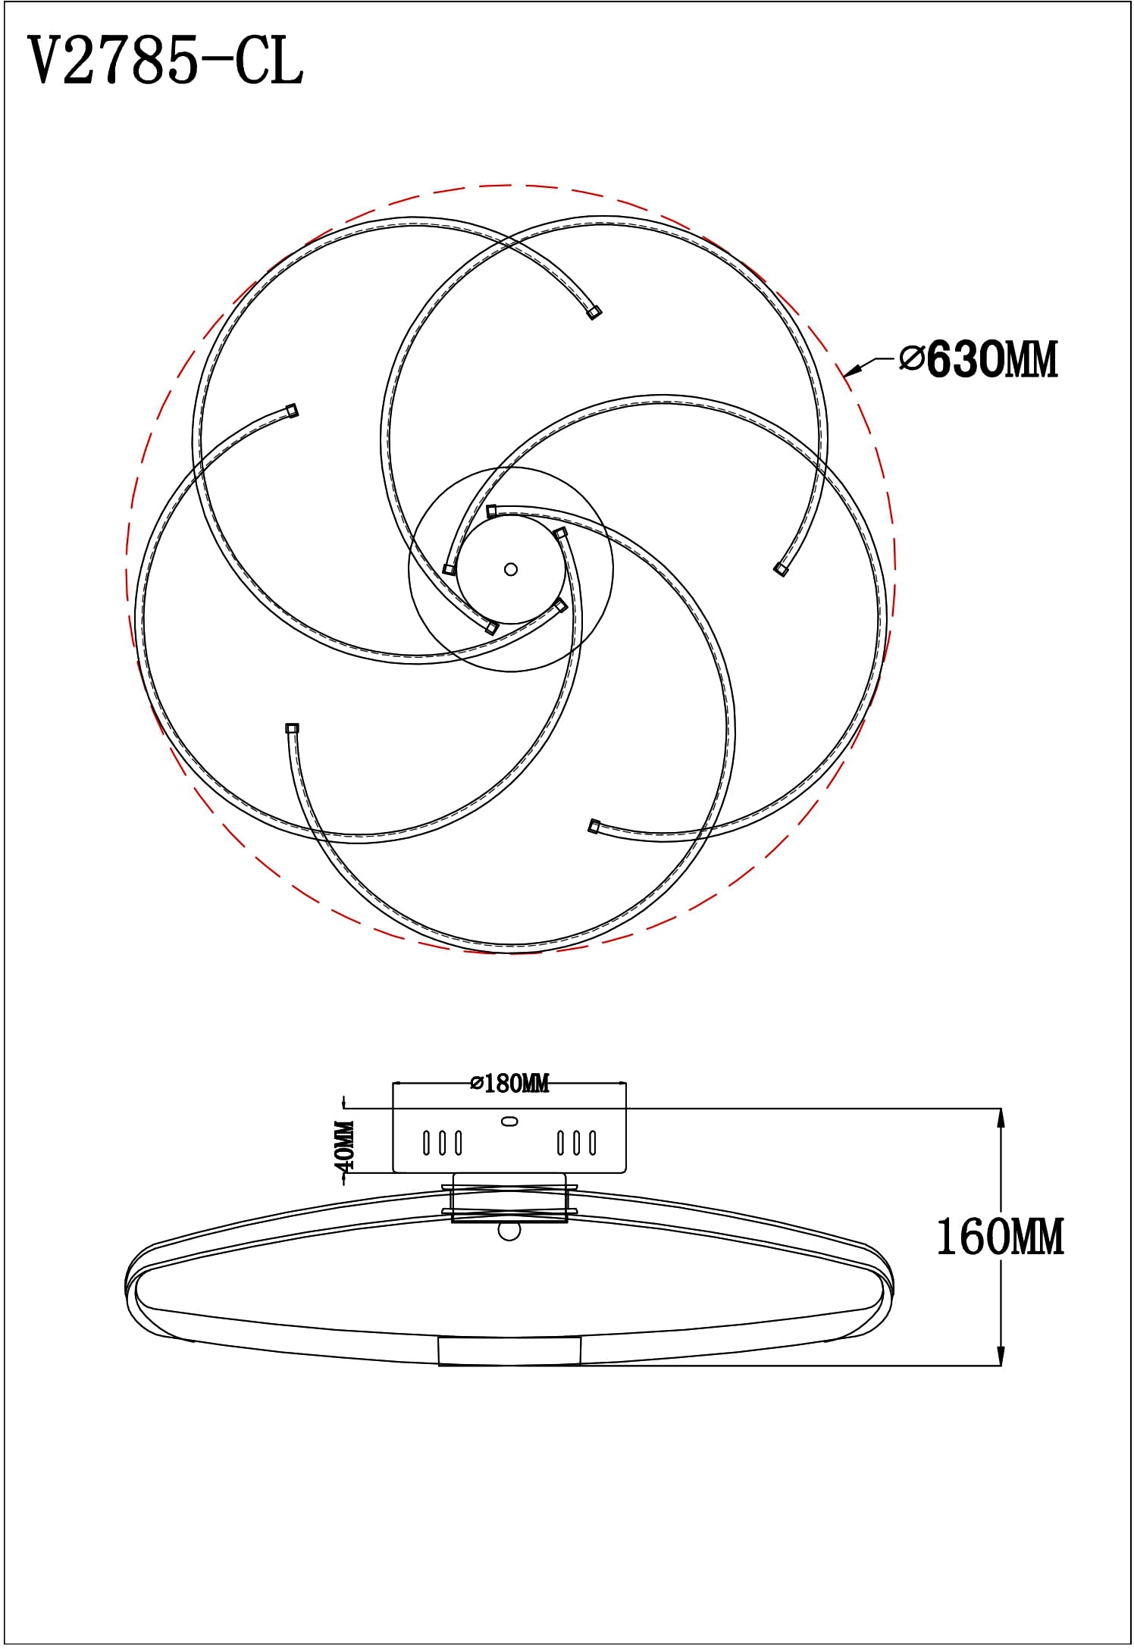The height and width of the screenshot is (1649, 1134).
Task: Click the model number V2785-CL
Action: pos(166,61)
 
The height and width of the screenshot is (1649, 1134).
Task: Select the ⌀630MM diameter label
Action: pos(978,359)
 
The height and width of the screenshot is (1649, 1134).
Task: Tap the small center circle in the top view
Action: pos(510,569)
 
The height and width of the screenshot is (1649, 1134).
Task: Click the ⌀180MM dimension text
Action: pos(509,1084)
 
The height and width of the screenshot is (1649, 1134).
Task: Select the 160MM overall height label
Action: pos(1001,1237)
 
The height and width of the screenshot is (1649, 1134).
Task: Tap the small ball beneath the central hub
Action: pos(509,1231)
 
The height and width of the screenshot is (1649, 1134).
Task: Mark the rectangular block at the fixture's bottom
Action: pos(509,1352)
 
